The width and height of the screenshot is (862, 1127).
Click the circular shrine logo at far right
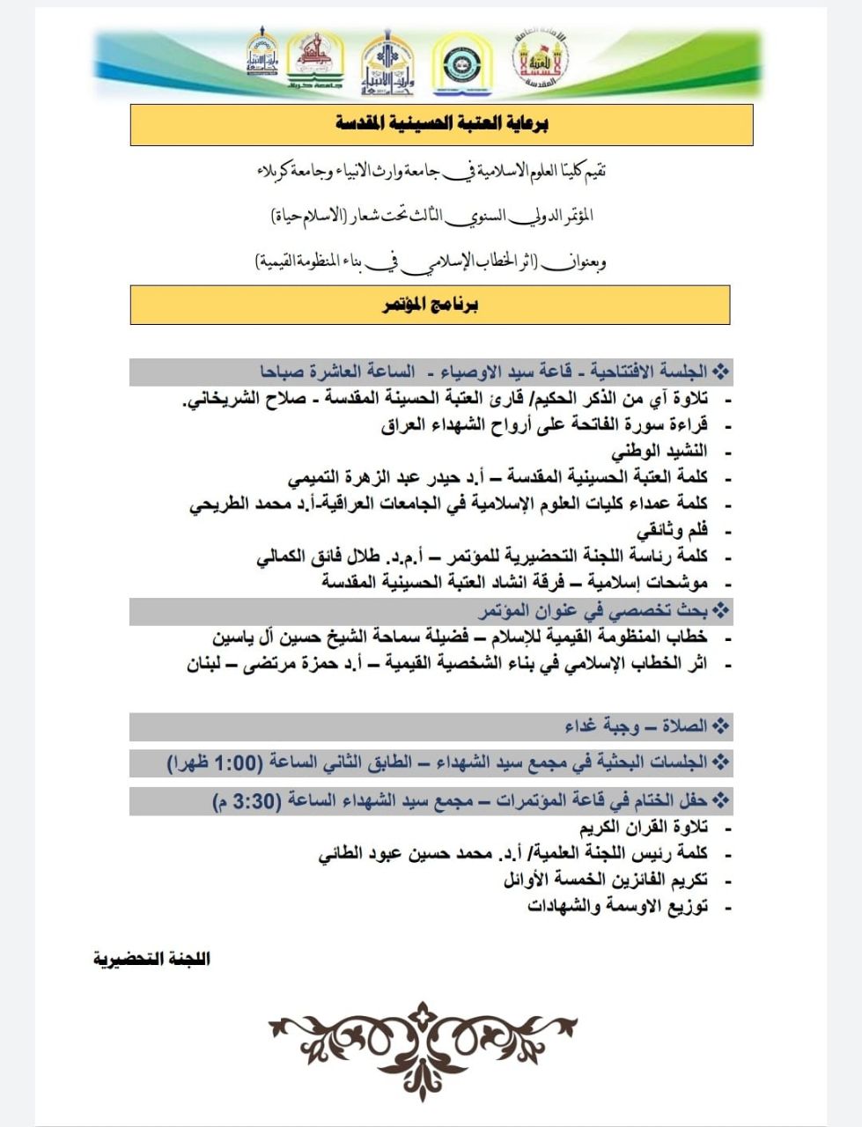[539, 63]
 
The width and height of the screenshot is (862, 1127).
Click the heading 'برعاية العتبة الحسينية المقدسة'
[441, 124]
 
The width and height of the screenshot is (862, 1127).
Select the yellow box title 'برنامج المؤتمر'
[431, 305]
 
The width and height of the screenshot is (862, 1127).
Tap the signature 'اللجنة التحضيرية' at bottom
[151, 958]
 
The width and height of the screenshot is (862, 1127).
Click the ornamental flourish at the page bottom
[424, 1049]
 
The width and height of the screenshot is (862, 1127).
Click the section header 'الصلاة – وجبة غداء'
[636, 726]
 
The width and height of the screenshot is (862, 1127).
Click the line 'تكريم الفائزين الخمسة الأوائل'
[607, 880]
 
